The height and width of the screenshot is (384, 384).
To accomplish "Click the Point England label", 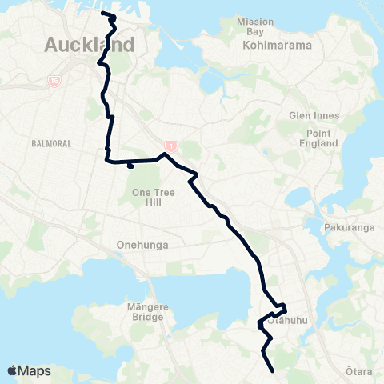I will point(318,137).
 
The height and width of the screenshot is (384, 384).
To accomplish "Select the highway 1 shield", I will point(170,146).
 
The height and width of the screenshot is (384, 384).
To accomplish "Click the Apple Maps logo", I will point(29,370).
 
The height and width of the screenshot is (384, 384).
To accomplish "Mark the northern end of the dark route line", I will point(103,14).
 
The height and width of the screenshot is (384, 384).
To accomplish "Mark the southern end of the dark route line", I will point(274,370).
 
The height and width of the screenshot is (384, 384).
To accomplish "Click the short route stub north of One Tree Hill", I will point(130,167).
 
